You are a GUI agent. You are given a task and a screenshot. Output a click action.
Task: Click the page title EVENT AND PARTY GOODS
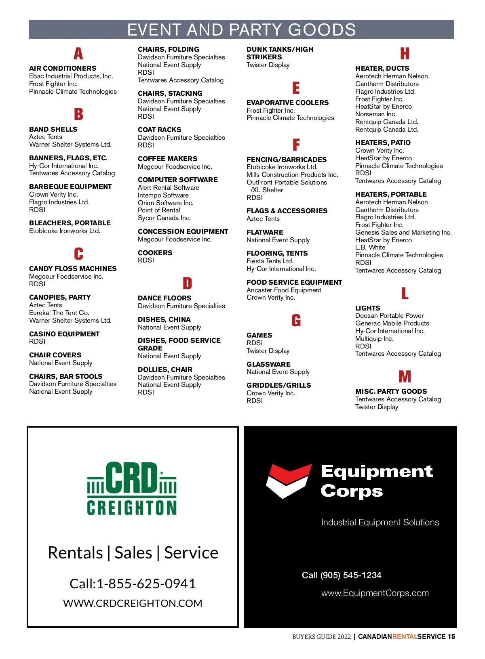coord(241,30)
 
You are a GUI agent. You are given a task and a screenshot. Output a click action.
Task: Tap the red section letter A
coord(78,53)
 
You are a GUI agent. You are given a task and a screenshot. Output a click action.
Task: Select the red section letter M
coord(405,377)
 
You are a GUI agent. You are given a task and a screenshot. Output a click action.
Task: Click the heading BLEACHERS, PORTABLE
coord(70,223)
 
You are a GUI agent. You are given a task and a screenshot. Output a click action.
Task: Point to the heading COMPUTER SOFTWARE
coord(178,180)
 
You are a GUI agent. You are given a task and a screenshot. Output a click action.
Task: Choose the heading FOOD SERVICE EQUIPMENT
coord(294,282)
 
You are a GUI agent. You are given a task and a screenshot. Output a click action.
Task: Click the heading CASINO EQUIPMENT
coord(64,334)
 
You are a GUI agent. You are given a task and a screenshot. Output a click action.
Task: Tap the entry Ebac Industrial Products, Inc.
coord(71,76)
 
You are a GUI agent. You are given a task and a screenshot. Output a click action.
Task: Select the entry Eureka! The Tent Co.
coord(59,313)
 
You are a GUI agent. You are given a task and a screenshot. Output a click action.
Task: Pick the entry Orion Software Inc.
coord(166,203)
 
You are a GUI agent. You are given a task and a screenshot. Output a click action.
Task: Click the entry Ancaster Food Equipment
coord(284,290)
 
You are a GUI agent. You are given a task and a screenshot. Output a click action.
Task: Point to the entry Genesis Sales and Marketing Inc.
coord(403,232)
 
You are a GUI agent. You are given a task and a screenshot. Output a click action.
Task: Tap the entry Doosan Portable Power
coord(389,315)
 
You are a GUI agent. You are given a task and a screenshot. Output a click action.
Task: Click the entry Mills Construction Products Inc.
coord(292,174)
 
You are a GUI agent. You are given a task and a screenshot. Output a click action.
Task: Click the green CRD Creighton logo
coord(132,489)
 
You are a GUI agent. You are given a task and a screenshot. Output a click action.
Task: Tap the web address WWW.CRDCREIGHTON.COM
coord(133,603)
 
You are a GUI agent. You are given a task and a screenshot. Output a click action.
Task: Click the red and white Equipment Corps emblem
coord(288,481)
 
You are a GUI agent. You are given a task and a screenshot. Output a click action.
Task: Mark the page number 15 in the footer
coord(451,636)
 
